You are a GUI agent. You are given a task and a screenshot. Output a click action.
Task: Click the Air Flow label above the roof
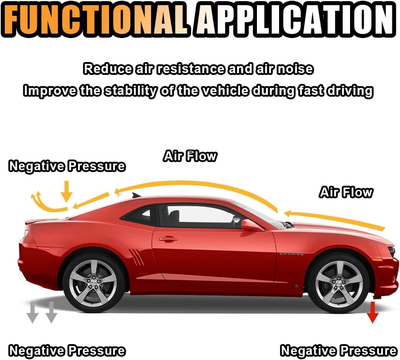pyautogui.click(x=190, y=156)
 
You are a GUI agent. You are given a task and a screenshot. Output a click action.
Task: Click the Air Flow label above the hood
pyautogui.click(x=346, y=192)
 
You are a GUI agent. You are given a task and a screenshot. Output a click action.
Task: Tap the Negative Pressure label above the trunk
pyautogui.click(x=67, y=167)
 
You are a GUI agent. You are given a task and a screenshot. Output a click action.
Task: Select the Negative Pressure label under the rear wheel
pyautogui.click(x=67, y=350)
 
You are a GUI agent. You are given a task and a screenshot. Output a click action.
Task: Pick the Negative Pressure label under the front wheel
pyautogui.click(x=339, y=350)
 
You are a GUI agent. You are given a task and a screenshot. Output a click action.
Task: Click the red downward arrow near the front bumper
pyautogui.click(x=372, y=312)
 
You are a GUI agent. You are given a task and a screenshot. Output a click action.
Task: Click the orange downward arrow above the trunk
pyautogui.click(x=67, y=191)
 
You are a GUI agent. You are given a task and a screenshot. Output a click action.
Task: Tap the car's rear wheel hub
pyautogui.click(x=93, y=283)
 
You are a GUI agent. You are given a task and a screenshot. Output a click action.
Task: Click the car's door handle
pyautogui.click(x=168, y=239)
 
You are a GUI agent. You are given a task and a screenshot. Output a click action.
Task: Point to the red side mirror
pyautogui.click(x=251, y=225)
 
